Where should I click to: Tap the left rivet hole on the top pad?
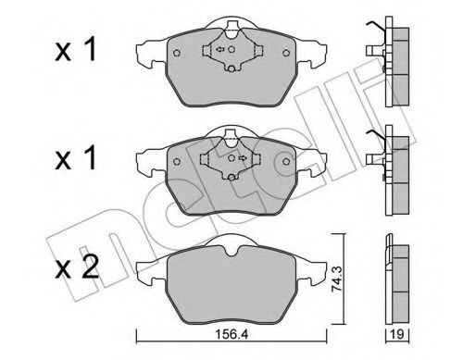[176, 54]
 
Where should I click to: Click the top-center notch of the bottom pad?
[229, 245]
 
